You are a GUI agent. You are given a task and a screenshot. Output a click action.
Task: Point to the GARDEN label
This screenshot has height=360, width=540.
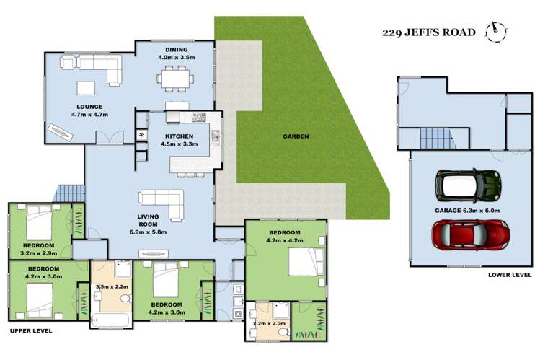(x=296, y=136)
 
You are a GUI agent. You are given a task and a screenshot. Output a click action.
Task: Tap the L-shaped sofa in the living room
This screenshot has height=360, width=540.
(x=163, y=203)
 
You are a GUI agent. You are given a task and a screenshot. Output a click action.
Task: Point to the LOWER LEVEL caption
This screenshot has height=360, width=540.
(x=510, y=275)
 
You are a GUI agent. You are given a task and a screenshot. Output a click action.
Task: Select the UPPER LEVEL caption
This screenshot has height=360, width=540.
(x=31, y=330)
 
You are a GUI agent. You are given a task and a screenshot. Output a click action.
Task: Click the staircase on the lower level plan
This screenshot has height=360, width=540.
(x=434, y=137)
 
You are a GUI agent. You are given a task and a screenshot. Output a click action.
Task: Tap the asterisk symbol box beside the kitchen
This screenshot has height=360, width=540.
(x=141, y=135)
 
